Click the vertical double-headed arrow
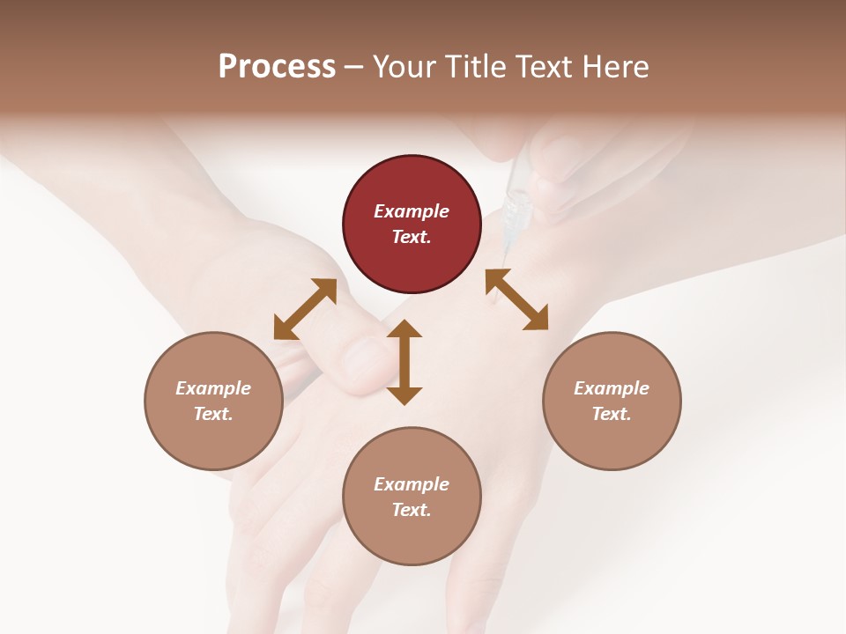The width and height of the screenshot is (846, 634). tap(404, 362)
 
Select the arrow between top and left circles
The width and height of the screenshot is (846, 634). tap(305, 308)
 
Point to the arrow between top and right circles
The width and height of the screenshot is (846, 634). tap(516, 299)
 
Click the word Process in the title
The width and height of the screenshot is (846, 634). tap(277, 66)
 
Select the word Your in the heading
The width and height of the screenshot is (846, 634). tap(404, 66)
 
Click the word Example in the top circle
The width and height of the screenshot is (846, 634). tap(412, 211)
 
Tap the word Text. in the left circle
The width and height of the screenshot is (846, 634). tap(213, 414)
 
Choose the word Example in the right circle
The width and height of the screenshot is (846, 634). tap(612, 388)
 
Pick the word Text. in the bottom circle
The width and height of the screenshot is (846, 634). tap(412, 510)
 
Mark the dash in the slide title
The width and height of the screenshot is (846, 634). tap(354, 66)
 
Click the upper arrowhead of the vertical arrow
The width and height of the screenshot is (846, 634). tap(404, 328)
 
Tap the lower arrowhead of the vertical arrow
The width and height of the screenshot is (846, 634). tap(404, 395)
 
